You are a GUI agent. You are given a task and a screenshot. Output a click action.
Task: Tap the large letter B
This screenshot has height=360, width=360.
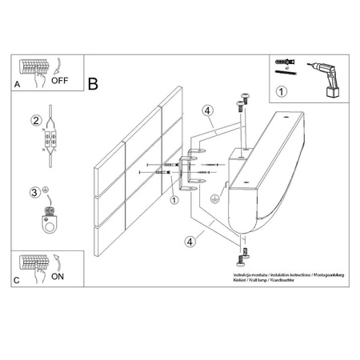coord(94,82)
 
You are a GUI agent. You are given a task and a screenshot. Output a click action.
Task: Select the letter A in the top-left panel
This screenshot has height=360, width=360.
coord(17,82)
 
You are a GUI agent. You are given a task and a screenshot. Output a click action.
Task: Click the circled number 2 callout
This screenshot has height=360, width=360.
coord(36,121)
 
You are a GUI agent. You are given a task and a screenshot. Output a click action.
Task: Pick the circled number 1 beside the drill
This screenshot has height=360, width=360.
coord(280,91)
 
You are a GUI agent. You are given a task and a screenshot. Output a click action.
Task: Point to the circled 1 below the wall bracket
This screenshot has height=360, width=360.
coord(174,200)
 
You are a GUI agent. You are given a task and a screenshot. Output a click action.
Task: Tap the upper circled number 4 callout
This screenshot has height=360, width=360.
coord(206,111)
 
